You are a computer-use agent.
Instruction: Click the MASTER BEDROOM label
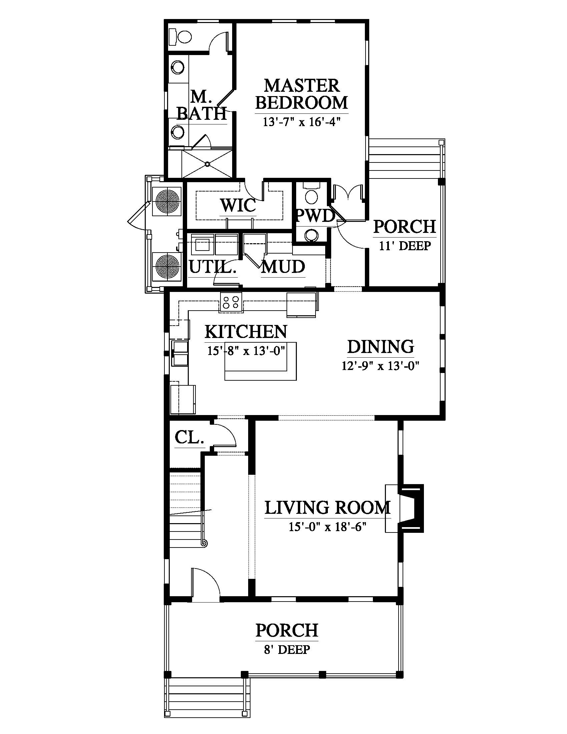click(301, 94)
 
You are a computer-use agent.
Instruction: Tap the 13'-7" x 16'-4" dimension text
click(302, 121)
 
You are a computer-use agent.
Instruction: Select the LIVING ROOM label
click(328, 507)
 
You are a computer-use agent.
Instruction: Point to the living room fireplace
click(405, 508)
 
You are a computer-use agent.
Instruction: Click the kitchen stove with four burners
click(231, 302)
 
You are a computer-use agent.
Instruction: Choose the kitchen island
click(260, 361)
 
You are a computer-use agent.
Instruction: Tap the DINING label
click(380, 347)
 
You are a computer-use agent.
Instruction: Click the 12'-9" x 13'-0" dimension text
click(381, 365)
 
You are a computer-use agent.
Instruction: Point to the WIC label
click(238, 205)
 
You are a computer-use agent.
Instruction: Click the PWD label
click(315, 216)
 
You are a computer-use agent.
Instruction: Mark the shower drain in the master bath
click(207, 164)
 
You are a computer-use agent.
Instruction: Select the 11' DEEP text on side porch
click(405, 246)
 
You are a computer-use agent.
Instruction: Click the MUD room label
click(283, 267)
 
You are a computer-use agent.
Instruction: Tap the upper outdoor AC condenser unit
click(167, 201)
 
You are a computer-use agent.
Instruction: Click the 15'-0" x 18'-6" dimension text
click(327, 526)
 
